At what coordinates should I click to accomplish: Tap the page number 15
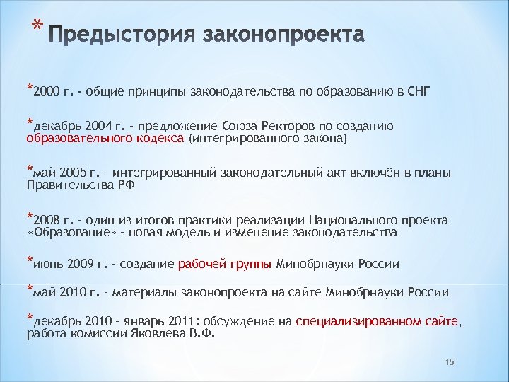pyautogui.click(x=449, y=362)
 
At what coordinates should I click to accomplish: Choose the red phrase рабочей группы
pyautogui.click(x=224, y=265)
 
